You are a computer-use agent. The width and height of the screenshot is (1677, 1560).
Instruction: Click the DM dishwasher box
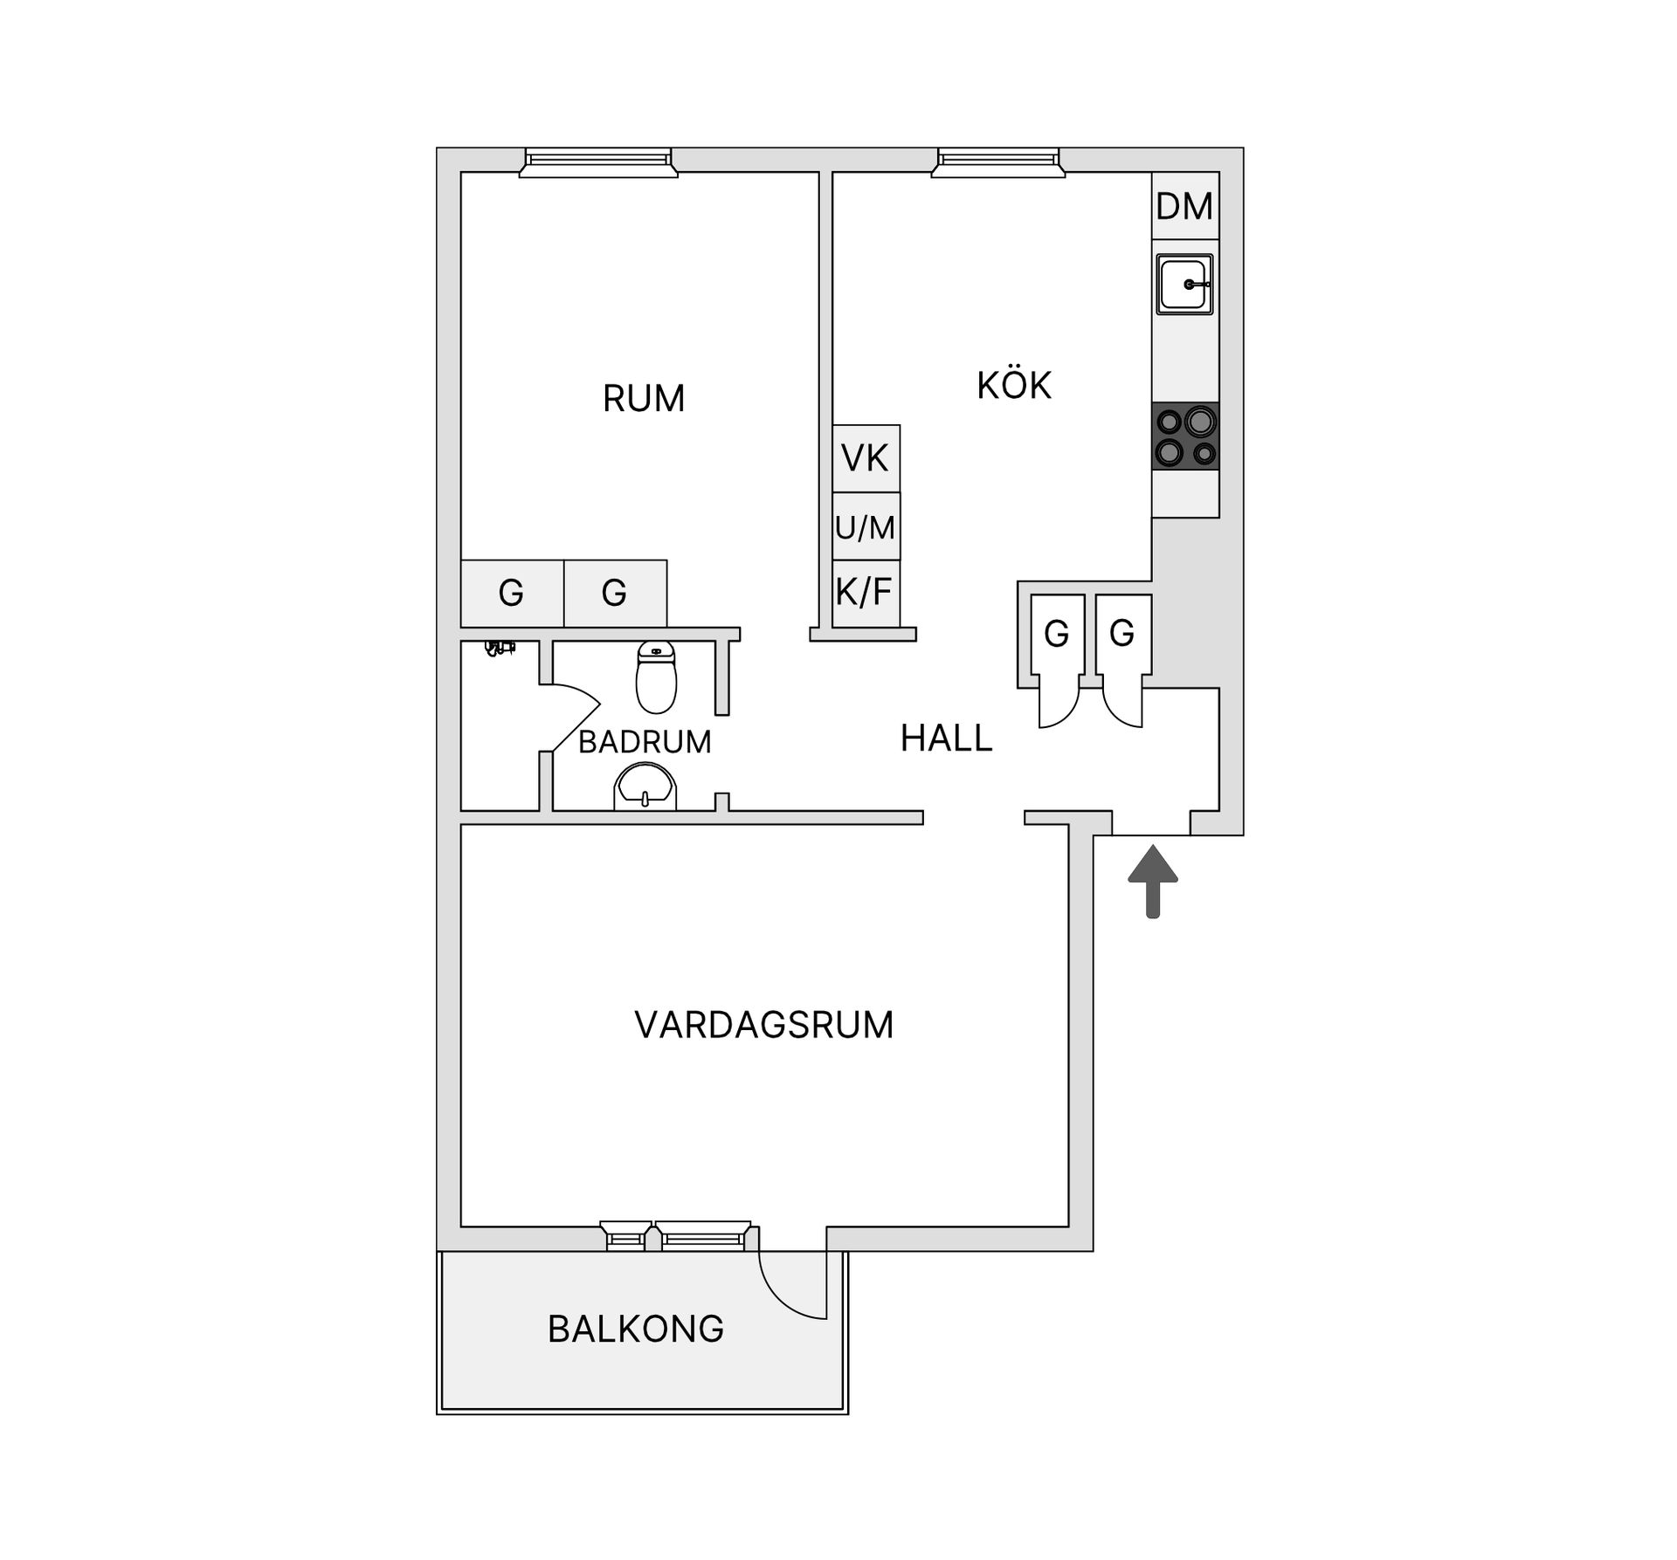click(1185, 206)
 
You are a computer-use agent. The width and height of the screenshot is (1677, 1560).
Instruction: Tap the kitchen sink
click(1184, 284)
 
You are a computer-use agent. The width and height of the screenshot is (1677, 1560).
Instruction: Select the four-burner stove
click(1185, 436)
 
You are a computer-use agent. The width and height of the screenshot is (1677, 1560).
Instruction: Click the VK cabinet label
click(865, 457)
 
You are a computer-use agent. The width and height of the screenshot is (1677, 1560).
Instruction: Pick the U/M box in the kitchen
click(866, 526)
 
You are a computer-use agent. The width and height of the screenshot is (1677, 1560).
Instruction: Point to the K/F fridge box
click(866, 594)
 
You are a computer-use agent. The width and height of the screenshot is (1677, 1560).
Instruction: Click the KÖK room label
click(1014, 385)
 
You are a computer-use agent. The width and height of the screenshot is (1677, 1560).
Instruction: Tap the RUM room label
click(644, 398)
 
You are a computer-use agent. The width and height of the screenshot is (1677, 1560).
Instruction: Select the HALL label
click(947, 739)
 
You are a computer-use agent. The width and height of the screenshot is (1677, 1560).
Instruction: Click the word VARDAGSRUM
click(764, 1025)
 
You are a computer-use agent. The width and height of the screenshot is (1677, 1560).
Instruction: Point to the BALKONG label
click(636, 1329)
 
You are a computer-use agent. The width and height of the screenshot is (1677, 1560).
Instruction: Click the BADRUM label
click(645, 742)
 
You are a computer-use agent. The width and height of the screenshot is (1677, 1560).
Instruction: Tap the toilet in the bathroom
click(656, 677)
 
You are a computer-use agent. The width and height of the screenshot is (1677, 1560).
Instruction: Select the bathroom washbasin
click(645, 787)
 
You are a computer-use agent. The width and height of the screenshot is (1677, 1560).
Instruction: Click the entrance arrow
click(1153, 881)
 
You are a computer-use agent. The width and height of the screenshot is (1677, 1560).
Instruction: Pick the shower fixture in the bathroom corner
click(500, 649)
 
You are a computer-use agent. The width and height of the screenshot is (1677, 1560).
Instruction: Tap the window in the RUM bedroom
click(598, 163)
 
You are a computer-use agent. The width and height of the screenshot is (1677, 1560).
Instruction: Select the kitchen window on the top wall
click(998, 163)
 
